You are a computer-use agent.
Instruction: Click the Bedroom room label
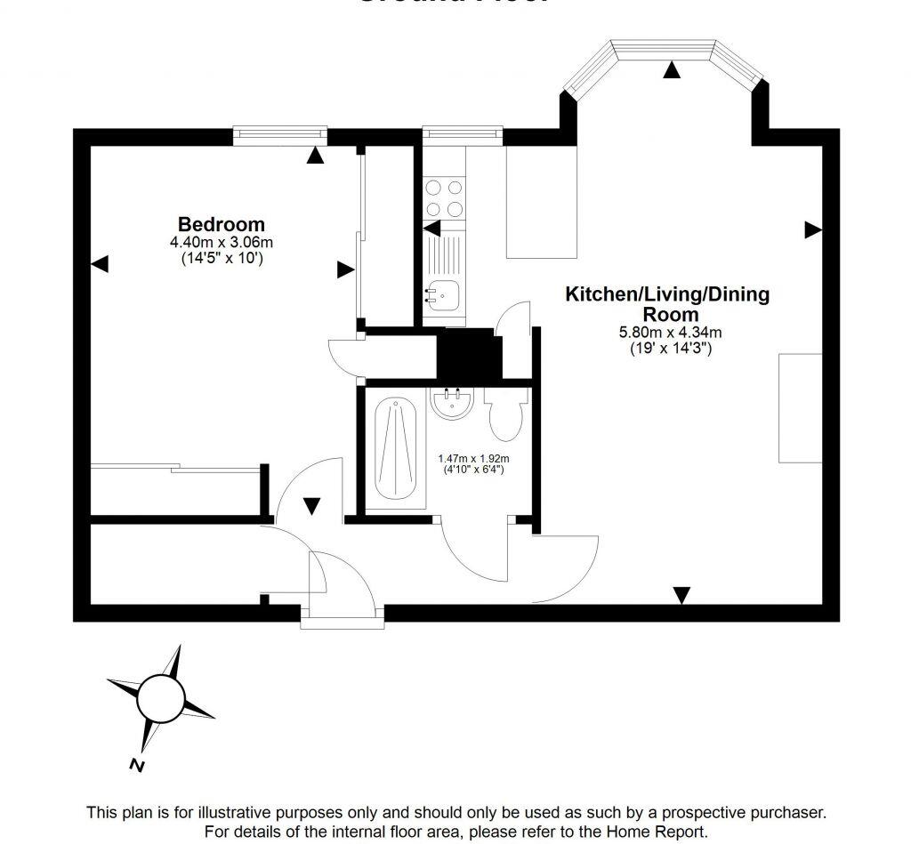click(x=221, y=224)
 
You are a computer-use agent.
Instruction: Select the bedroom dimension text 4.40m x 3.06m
click(x=221, y=242)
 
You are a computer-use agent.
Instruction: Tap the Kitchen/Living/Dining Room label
click(x=667, y=303)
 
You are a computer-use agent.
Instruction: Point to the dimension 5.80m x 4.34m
click(x=670, y=333)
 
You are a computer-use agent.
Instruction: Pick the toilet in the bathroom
click(x=504, y=416)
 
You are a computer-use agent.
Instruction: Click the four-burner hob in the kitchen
click(x=444, y=198)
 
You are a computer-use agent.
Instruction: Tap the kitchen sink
click(x=442, y=290)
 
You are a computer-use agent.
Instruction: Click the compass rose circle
click(x=160, y=698)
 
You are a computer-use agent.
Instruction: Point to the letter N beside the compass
click(x=135, y=764)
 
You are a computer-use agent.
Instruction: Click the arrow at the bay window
click(x=673, y=70)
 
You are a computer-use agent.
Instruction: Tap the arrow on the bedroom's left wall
click(x=100, y=263)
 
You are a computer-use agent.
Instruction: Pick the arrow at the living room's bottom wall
click(x=681, y=595)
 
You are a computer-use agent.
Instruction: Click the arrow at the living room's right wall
click(x=812, y=230)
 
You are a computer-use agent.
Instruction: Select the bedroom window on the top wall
click(x=280, y=134)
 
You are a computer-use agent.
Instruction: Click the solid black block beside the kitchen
click(x=470, y=355)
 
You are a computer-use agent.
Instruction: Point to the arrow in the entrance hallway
click(x=311, y=506)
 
